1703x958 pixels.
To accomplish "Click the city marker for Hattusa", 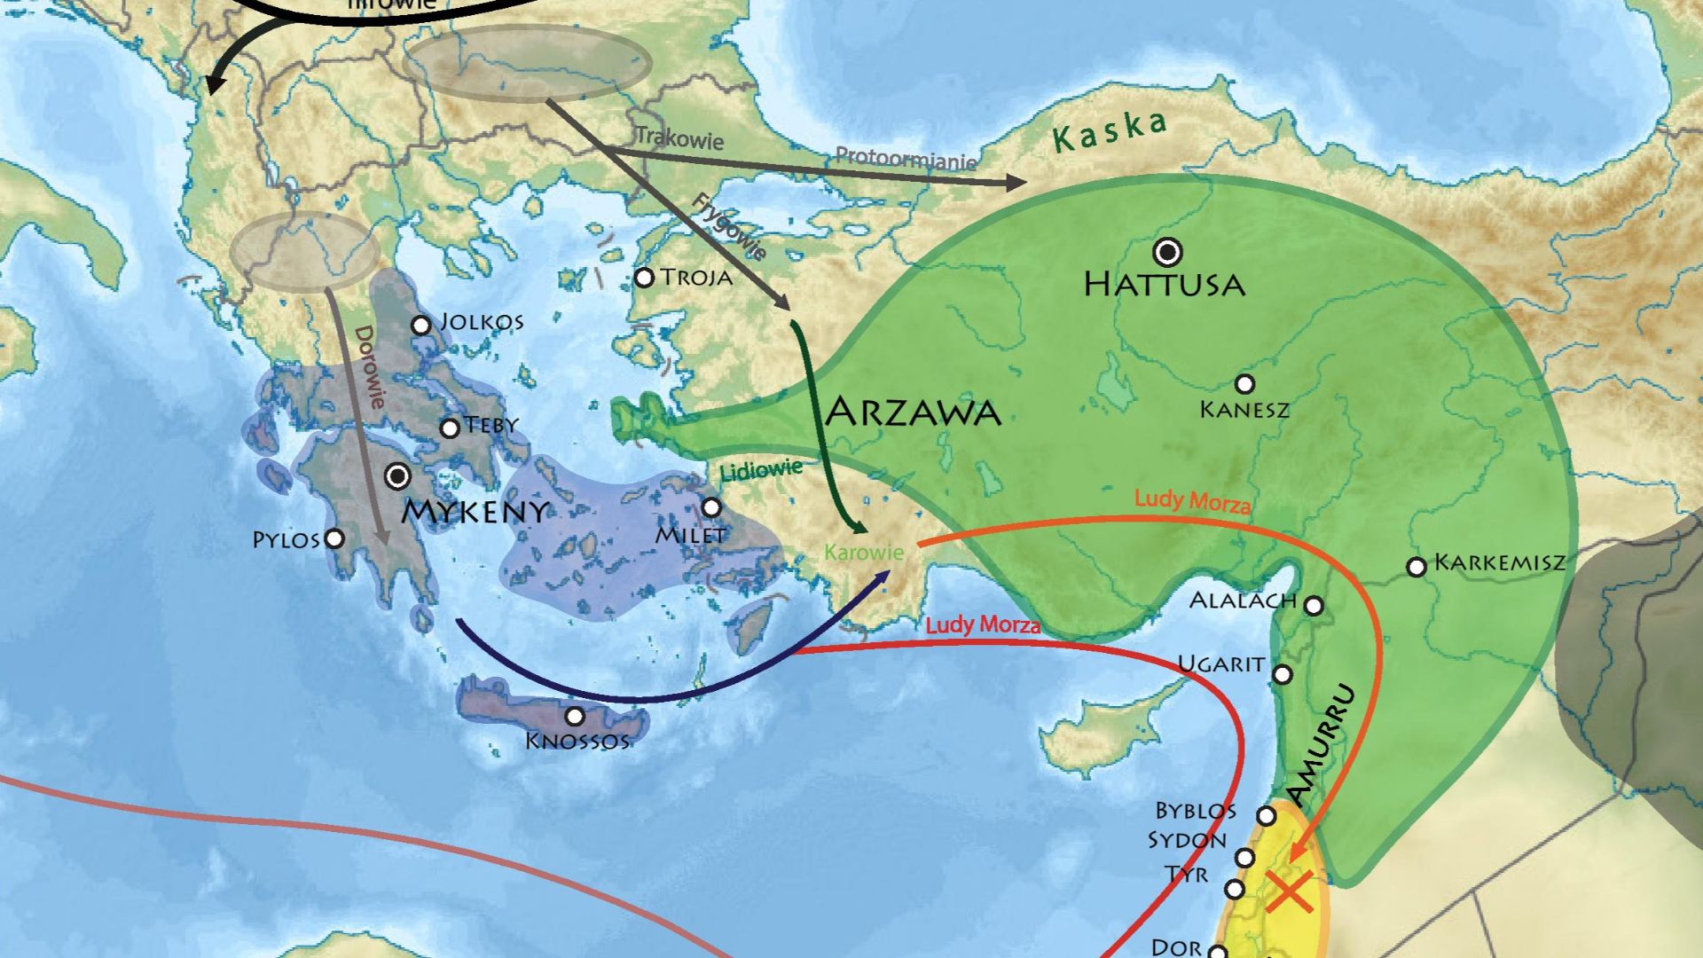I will pos(1168,253).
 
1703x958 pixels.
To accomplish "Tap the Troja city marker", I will pos(645,278).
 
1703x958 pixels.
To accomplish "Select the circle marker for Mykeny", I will pos(397,476).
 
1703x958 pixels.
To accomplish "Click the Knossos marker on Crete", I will pos(575,715).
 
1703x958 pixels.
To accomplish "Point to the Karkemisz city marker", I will pos(1417,566).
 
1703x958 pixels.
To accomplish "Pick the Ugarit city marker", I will pos(1283,674).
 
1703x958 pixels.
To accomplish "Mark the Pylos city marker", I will pos(334,538).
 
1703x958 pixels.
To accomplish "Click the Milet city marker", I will pos(711,507).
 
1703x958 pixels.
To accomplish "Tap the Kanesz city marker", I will pos(1244,384).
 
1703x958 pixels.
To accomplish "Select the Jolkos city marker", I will pos(421,326).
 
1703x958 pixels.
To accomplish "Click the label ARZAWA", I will pos(913,412).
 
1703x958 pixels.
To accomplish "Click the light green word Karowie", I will pos(864,553).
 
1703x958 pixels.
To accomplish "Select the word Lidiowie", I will pos(761,470).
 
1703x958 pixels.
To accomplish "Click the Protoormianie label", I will pos(906,159).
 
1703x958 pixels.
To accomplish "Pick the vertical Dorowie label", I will pos(369,366).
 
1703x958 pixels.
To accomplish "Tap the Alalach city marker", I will pos(1314,607).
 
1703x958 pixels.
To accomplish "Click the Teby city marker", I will pos(450,428).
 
